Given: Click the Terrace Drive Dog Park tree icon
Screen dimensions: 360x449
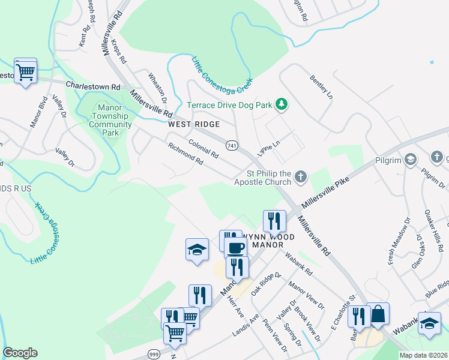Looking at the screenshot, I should (x=281, y=105).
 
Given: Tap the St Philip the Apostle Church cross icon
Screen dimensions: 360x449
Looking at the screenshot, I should (x=301, y=177).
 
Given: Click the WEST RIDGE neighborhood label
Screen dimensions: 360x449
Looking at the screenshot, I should (x=194, y=124).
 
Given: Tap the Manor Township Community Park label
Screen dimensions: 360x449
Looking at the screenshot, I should (x=110, y=120).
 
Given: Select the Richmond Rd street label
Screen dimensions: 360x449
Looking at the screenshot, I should (x=185, y=155).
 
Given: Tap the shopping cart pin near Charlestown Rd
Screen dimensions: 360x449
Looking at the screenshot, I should (x=25, y=71).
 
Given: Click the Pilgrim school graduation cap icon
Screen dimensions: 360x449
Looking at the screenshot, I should (x=410, y=159).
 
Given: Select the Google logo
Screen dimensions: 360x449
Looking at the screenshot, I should (x=20, y=353).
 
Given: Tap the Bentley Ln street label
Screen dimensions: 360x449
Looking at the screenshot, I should (x=321, y=87).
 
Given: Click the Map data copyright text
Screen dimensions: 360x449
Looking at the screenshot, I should (x=423, y=355).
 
